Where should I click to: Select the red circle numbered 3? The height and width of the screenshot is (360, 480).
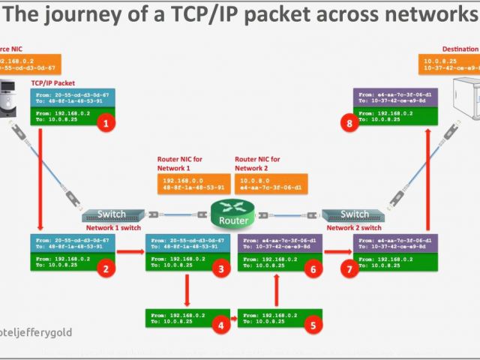click(220, 268)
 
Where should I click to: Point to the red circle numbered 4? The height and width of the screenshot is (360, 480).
click(220, 325)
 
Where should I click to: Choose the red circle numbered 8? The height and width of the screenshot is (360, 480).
click(349, 124)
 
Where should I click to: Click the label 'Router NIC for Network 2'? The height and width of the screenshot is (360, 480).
click(257, 163)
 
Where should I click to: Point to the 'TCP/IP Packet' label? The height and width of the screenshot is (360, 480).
click(53, 82)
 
